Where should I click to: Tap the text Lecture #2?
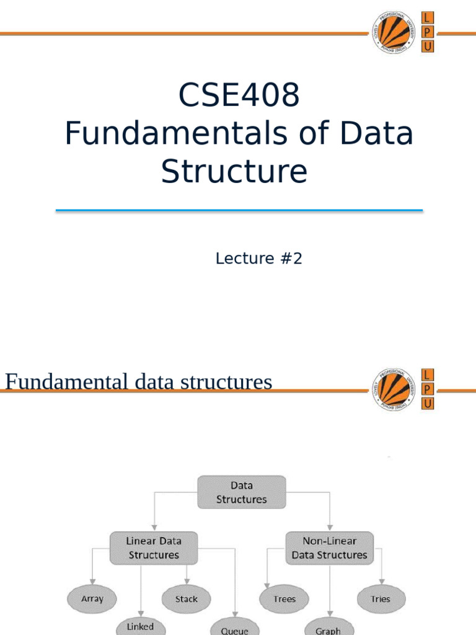[x=258, y=259]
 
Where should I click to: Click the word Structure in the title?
[x=234, y=171]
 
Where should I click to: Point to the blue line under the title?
[x=239, y=211]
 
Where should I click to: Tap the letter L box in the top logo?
[x=428, y=19]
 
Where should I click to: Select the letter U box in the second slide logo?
[x=428, y=404]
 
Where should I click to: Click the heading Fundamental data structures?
[x=138, y=382]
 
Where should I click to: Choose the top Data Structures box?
[x=241, y=492]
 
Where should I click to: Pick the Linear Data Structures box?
[x=154, y=548]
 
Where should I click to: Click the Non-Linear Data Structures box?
[x=329, y=548]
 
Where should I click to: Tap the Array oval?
[x=92, y=599]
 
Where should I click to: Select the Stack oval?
[x=186, y=599]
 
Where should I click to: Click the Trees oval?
[x=284, y=599]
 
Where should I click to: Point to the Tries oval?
[x=381, y=599]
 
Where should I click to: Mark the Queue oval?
[x=234, y=628]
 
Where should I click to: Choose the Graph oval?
[x=328, y=628]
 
